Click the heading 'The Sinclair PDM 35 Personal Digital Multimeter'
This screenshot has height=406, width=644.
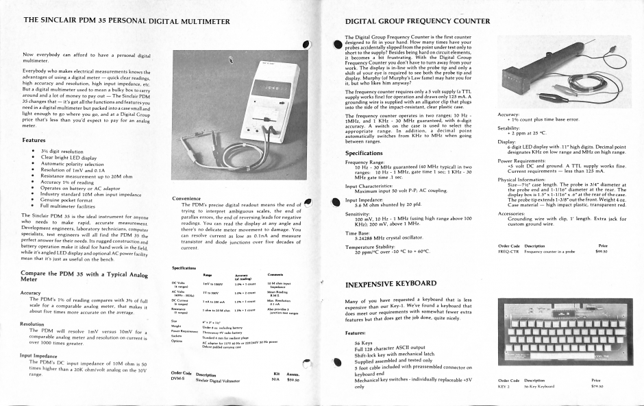tap(127, 21)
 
